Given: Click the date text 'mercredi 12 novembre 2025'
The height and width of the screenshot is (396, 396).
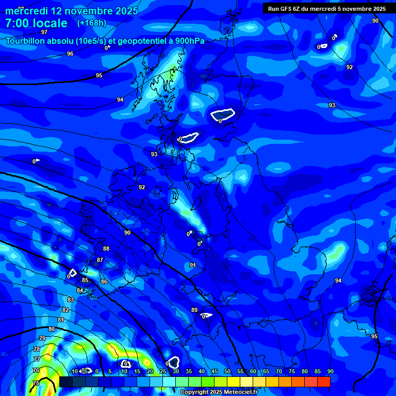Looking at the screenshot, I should pyautogui.click(x=72, y=11).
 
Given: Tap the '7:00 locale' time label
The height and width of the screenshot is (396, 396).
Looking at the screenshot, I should pyautogui.click(x=36, y=23).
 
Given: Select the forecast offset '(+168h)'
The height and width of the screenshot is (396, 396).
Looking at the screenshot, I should pyautogui.click(x=92, y=23).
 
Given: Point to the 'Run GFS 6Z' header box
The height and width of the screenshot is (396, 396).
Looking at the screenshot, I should pyautogui.click(x=327, y=8).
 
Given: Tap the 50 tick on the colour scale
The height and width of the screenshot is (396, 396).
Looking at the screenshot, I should pyautogui.click(x=227, y=372).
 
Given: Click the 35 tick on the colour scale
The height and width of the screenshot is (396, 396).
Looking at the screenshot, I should pyautogui.click(x=189, y=372).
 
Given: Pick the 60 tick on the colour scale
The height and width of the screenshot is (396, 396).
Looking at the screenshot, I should pyautogui.click(x=253, y=372).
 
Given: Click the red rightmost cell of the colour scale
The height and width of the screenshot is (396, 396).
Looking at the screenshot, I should pyautogui.click(x=323, y=382).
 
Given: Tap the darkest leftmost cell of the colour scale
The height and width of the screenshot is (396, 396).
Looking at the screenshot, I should pyautogui.click(x=66, y=382).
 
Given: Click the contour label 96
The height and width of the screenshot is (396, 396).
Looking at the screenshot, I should pyautogui.click(x=70, y=54).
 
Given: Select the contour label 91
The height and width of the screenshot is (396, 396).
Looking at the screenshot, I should pyautogui.click(x=193, y=265).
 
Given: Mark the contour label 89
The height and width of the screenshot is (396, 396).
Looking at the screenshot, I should pyautogui.click(x=194, y=310).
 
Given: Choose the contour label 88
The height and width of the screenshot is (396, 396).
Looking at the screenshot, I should pyautogui.click(x=106, y=249).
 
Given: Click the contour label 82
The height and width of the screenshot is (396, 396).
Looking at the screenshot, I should pyautogui.click(x=65, y=310).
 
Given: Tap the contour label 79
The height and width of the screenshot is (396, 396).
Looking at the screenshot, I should pyautogui.click(x=42, y=338).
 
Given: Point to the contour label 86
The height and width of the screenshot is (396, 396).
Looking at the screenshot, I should pyautogui.click(x=104, y=282).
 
